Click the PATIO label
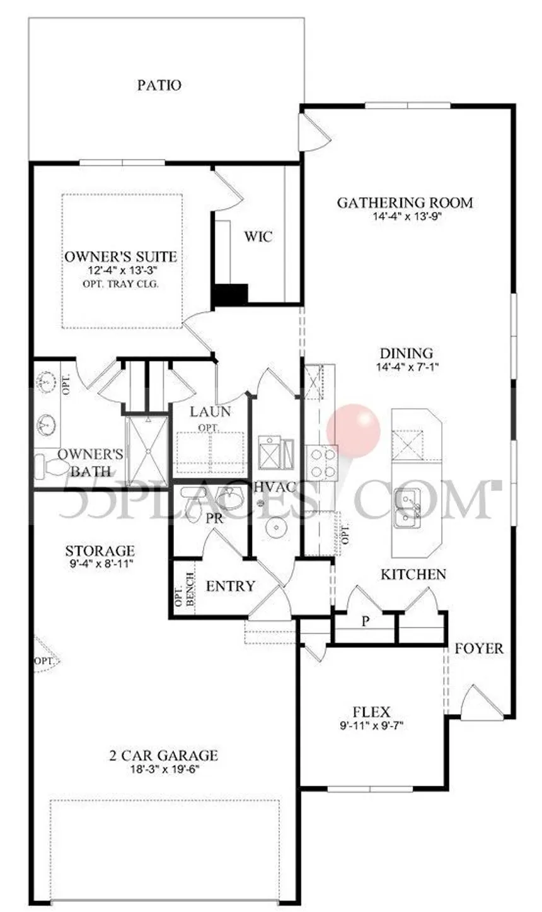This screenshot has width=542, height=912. (159, 85)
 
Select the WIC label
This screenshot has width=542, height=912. (258, 236)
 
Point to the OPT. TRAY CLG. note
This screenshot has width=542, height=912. (120, 284)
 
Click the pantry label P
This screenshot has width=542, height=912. (366, 621)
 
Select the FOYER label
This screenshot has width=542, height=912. (479, 648)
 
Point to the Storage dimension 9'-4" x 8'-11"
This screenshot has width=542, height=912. (100, 564)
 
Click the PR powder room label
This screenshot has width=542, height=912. (214, 518)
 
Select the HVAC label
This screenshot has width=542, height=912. (274, 487)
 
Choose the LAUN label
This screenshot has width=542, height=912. (210, 412)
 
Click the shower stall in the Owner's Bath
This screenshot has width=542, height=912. (147, 450)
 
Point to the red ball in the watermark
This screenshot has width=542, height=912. (354, 431)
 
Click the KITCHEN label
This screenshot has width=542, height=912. (413, 575)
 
